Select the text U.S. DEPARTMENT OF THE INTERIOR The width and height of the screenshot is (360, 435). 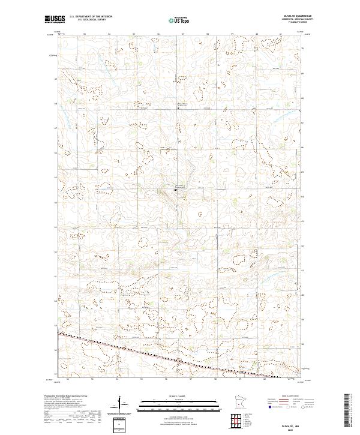90,17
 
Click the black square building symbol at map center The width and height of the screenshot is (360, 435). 175,190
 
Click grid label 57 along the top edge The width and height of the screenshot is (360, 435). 182,34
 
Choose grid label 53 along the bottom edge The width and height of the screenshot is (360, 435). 92,379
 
